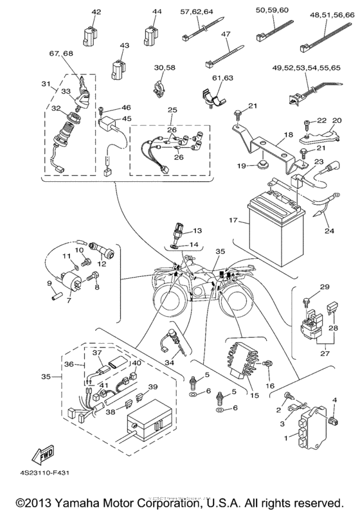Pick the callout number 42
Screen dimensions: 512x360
pos(96,12)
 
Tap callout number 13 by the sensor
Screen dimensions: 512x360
pos(197,230)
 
